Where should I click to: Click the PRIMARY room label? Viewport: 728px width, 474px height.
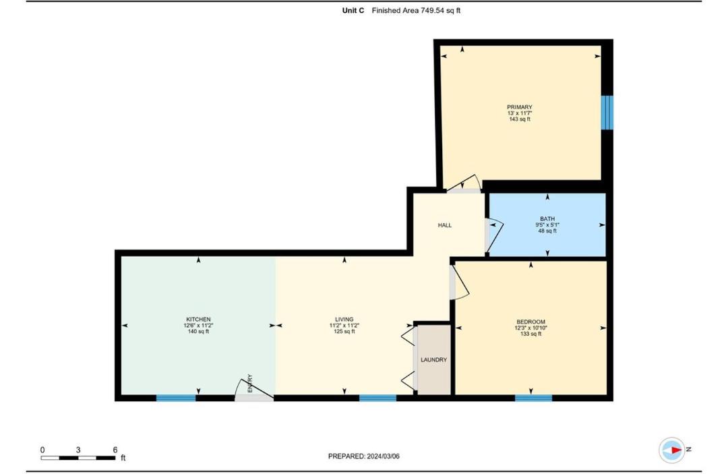[x=519, y=107]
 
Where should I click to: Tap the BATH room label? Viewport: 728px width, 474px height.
[x=547, y=219]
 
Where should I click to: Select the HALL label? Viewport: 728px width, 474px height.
[x=444, y=225]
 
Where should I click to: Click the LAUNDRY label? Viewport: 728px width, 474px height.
[x=433, y=360]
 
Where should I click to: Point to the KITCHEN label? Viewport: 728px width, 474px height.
[x=198, y=320]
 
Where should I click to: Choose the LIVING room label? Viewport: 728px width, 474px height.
[x=344, y=320]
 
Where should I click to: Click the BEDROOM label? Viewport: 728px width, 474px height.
[x=530, y=322]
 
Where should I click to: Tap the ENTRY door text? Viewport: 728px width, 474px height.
[x=250, y=384]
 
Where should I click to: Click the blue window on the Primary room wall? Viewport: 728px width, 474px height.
[x=607, y=113]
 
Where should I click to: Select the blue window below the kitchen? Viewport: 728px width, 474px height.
[x=176, y=398]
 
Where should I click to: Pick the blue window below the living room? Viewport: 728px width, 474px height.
[x=377, y=398]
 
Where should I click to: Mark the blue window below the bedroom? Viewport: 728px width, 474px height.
[x=533, y=398]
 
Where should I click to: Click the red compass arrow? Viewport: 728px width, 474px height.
[x=675, y=450]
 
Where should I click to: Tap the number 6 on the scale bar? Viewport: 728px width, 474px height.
[x=115, y=450]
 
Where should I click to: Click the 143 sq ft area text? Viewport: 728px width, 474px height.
[x=519, y=119]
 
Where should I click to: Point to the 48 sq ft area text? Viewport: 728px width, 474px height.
[x=547, y=231]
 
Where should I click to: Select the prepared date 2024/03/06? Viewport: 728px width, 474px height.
[x=383, y=456]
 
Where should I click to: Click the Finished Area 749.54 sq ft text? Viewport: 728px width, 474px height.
[x=416, y=11]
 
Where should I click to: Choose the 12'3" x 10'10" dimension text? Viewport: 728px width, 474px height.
[x=530, y=328]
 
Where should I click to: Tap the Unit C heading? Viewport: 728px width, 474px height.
[x=353, y=11]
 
